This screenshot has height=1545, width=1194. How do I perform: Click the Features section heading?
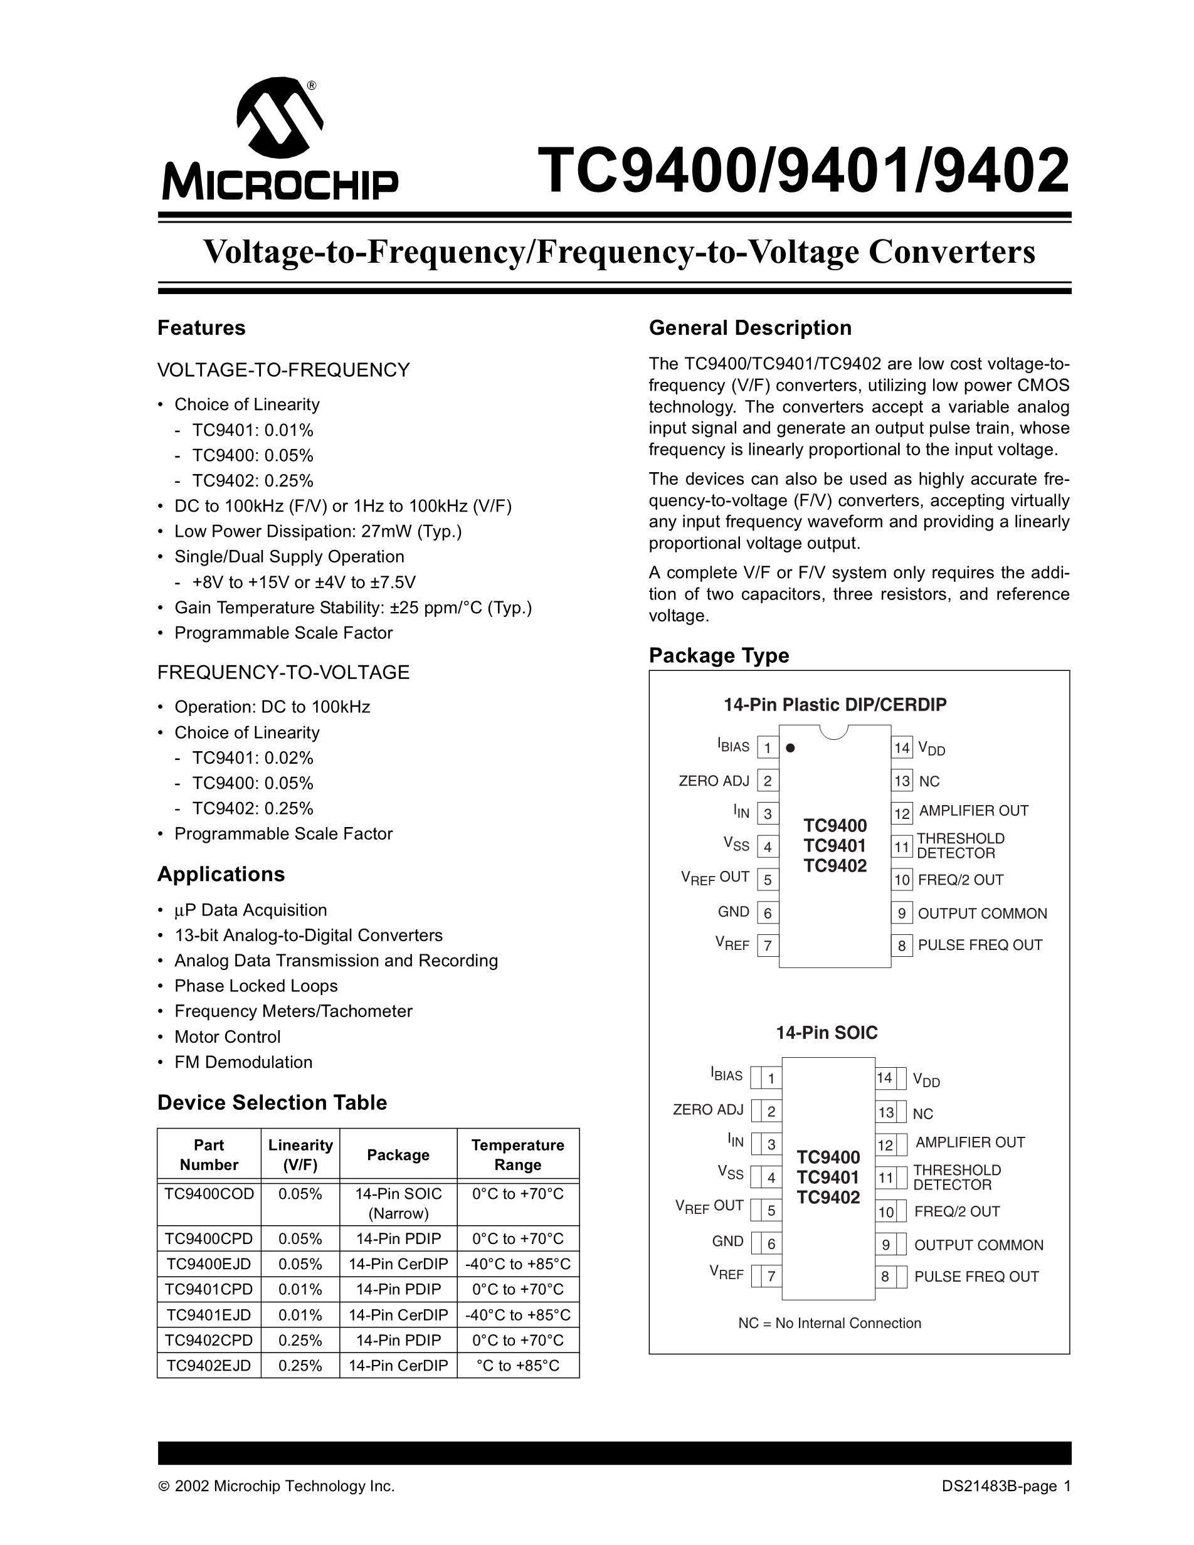tap(201, 328)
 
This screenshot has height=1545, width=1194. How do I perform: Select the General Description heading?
tap(750, 328)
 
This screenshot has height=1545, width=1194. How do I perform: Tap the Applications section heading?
tap(221, 874)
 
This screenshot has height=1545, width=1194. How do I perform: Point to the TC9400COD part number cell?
tap(209, 1194)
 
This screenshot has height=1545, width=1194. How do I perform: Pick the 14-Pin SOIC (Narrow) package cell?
tap(398, 1203)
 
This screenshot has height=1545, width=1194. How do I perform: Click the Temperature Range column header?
tap(518, 1154)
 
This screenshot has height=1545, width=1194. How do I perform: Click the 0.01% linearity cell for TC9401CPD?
tap(300, 1289)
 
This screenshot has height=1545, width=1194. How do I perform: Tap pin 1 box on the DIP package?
tap(768, 748)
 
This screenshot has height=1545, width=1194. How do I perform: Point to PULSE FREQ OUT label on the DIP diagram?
tap(980, 945)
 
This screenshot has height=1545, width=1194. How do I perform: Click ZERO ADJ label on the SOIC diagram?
tap(708, 1109)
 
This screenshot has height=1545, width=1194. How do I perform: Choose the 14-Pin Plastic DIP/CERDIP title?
tap(835, 705)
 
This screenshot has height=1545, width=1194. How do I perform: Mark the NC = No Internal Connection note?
tap(830, 1323)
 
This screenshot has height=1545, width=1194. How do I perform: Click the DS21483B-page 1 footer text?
tap(1006, 1486)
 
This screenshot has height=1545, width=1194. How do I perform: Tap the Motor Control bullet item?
tap(227, 1037)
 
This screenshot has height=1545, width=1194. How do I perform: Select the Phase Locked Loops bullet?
tap(256, 986)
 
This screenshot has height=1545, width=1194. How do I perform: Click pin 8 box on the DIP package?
tap(902, 946)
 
